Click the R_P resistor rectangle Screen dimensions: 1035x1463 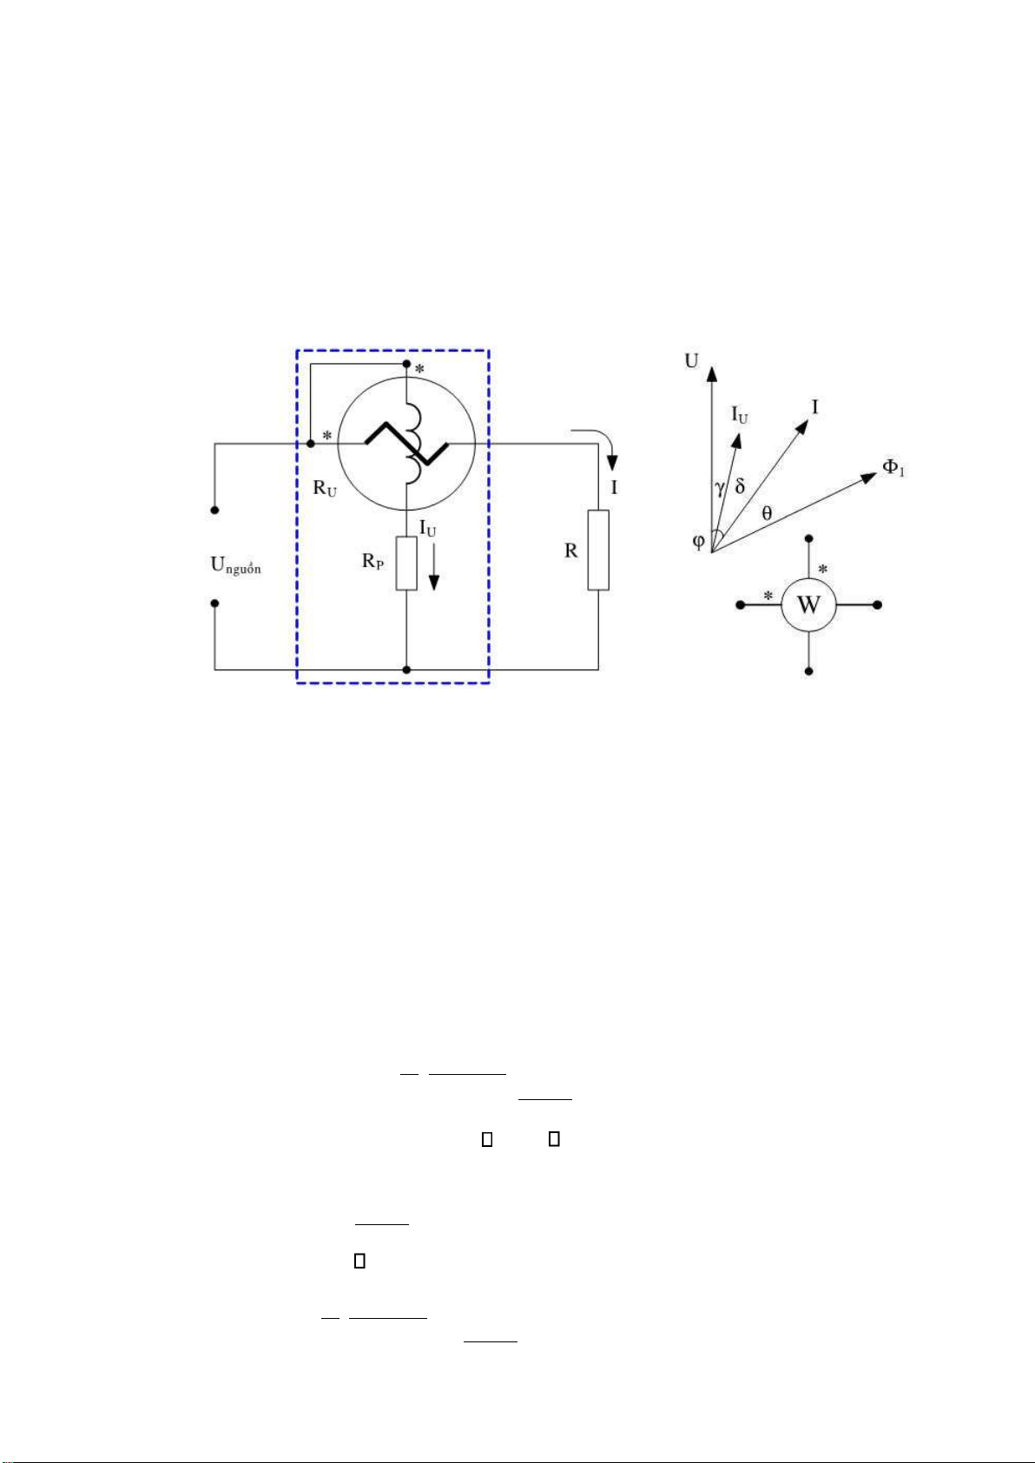click(406, 563)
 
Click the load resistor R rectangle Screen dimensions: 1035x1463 click(598, 550)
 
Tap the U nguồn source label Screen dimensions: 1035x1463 click(235, 565)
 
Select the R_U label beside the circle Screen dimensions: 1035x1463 click(325, 488)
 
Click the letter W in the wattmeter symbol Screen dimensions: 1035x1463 click(808, 605)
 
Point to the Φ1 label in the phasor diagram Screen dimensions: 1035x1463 click(893, 467)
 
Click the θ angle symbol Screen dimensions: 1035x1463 click(767, 513)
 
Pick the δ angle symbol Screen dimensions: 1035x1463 click(740, 486)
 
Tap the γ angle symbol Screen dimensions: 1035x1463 click(720, 488)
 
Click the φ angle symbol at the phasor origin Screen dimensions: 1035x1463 click(698, 542)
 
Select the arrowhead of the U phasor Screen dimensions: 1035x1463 click(712, 373)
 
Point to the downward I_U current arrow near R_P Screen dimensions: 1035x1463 click(433, 572)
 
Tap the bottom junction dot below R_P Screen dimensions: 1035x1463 click(406, 669)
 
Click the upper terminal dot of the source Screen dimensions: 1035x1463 click(214, 510)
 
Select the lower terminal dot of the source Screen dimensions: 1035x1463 click(214, 603)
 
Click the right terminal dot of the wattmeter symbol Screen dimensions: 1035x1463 click(877, 605)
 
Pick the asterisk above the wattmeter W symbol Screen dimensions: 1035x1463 click(823, 570)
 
